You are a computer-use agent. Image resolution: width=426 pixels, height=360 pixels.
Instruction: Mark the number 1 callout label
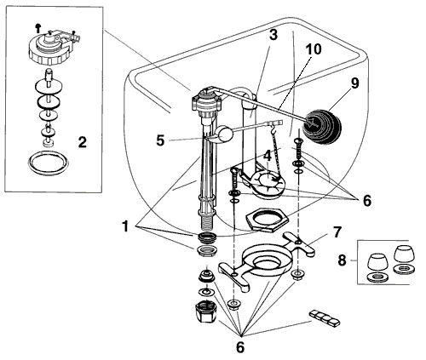click(x=126, y=227)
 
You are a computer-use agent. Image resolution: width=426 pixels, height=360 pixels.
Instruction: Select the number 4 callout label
click(x=268, y=157)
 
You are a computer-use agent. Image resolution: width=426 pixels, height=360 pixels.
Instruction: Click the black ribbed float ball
click(x=323, y=118)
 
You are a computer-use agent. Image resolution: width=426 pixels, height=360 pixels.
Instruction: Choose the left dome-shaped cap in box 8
click(x=375, y=260)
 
